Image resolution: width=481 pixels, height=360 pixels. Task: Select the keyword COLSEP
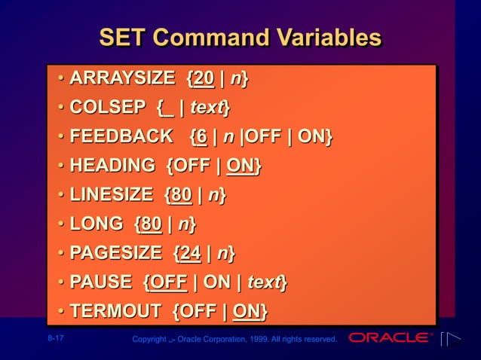pos(106,108)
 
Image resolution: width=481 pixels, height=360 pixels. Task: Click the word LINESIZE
pos(111,195)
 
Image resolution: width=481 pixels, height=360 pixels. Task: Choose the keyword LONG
pos(96,224)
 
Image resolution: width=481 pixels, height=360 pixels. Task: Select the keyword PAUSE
pos(101,282)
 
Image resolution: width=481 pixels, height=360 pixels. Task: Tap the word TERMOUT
pos(115,311)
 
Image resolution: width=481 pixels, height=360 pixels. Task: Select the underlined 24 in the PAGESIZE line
pos(190,253)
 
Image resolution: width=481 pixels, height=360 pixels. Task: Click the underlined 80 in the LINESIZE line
pos(181,195)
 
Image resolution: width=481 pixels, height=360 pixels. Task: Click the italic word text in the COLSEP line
pos(208,108)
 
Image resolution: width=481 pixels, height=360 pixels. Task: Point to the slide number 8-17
pos(54,338)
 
